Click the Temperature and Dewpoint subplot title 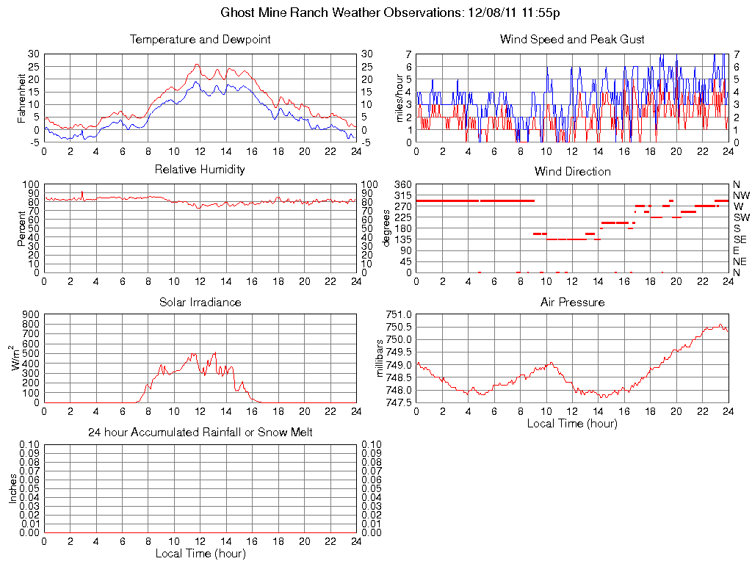(200, 39)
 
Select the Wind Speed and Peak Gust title (572, 39)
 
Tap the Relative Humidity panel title (200, 170)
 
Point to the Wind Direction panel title (572, 171)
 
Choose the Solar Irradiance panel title (200, 302)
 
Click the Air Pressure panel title (572, 302)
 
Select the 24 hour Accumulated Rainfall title (200, 433)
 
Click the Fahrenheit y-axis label (21, 98)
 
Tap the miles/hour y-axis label (401, 98)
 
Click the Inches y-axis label (12, 488)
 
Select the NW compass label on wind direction (740, 195)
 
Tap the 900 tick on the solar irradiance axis (30, 314)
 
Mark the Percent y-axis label (21, 228)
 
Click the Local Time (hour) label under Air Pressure (572, 423)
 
